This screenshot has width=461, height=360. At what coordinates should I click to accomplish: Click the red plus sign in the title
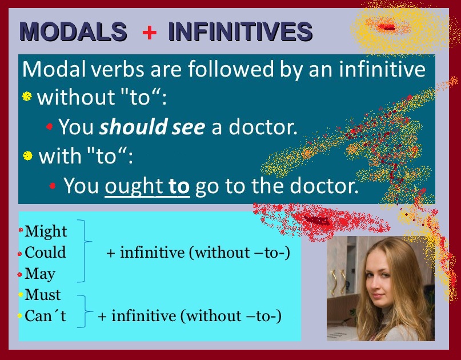[149, 32]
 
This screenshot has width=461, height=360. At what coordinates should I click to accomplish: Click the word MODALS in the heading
[73, 31]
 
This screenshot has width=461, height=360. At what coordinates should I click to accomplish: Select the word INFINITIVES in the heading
[240, 31]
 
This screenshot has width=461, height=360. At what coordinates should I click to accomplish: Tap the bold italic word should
[134, 127]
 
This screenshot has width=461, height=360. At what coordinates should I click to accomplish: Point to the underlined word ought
[134, 186]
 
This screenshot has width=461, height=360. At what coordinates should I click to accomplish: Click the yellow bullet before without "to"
[27, 96]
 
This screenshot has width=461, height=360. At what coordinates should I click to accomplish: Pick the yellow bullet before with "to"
[27, 155]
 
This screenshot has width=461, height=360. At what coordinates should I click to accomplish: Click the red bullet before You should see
[49, 126]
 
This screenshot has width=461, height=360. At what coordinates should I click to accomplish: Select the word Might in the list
[46, 232]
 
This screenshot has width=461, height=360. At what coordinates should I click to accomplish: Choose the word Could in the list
[45, 253]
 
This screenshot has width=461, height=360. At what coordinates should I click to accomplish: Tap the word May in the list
[40, 274]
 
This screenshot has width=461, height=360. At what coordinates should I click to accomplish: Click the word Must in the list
[43, 295]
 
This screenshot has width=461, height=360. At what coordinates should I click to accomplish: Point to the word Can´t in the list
[45, 316]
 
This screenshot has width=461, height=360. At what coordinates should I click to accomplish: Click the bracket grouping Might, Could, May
[85, 251]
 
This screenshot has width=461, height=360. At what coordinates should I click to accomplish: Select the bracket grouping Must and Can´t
[86, 311]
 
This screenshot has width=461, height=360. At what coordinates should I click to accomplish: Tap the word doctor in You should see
[263, 127]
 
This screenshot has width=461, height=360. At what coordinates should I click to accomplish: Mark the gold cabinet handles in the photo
[338, 282]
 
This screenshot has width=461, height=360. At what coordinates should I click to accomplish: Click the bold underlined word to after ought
[179, 186]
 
